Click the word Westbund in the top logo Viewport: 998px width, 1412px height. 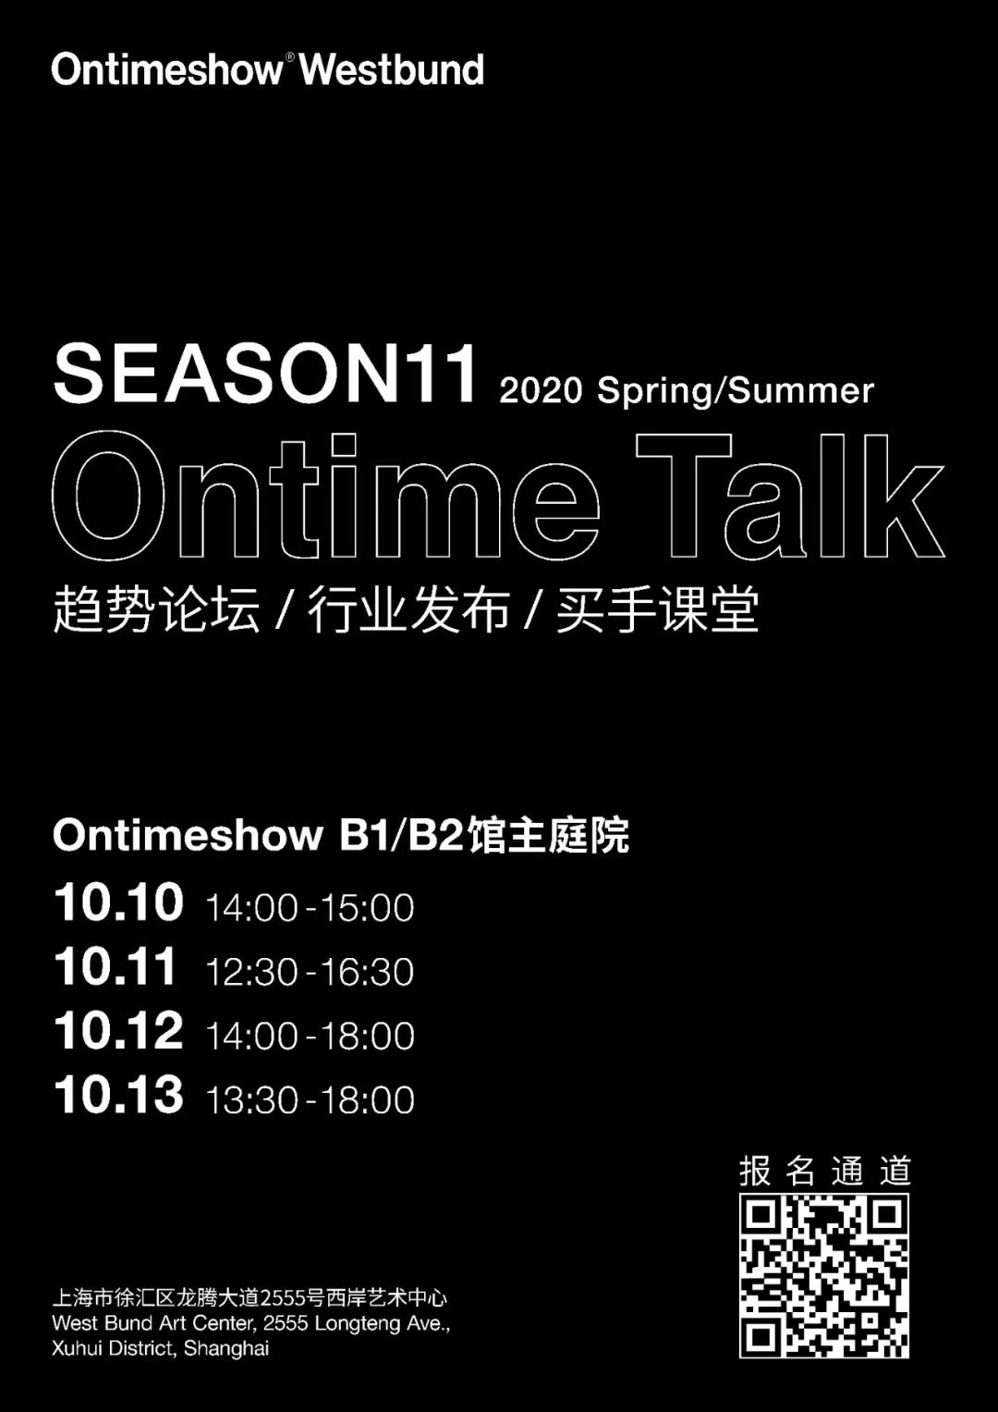click(x=392, y=69)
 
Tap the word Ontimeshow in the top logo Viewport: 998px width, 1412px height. click(x=167, y=69)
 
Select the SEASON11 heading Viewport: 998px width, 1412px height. click(x=264, y=374)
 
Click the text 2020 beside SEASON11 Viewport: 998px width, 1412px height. click(x=541, y=390)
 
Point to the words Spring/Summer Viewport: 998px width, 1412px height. click(x=736, y=391)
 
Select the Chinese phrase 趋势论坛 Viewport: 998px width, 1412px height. click(x=156, y=609)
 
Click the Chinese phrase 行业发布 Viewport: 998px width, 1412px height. click(x=408, y=609)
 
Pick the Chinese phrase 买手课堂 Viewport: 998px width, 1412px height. click(x=657, y=609)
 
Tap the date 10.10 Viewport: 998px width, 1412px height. click(x=118, y=902)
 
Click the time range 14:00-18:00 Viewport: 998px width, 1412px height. click(x=310, y=1036)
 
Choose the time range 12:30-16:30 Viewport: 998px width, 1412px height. click(x=310, y=971)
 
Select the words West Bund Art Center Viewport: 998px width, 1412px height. click(x=154, y=1322)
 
